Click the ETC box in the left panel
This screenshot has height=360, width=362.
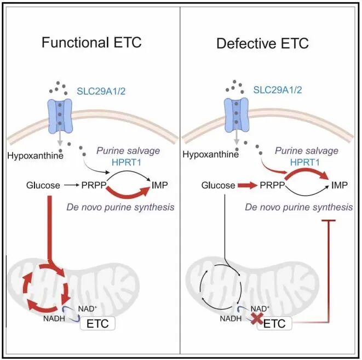97,323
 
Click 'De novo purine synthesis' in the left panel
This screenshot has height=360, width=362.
125,207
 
